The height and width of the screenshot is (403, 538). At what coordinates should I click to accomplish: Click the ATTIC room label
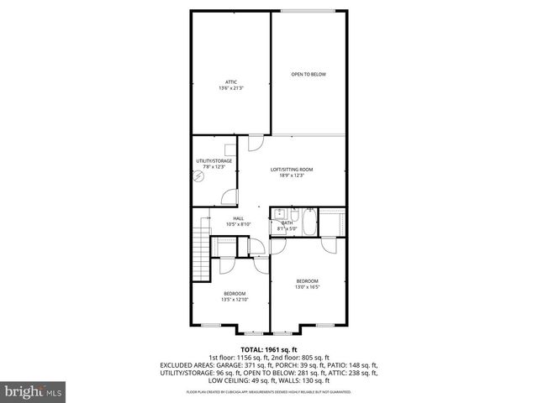click(x=230, y=81)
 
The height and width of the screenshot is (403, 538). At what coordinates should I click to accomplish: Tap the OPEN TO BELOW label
click(x=309, y=75)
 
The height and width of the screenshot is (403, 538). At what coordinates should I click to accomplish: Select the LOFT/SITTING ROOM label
click(x=292, y=169)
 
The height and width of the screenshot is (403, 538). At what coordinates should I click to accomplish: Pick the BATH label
click(x=287, y=222)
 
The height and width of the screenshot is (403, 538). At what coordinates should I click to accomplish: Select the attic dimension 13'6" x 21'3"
click(x=230, y=88)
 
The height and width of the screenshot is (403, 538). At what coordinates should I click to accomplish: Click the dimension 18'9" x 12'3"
click(x=292, y=175)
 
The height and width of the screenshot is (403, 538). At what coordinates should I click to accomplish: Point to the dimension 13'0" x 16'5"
click(x=307, y=287)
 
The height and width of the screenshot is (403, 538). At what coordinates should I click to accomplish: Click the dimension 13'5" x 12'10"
click(x=234, y=300)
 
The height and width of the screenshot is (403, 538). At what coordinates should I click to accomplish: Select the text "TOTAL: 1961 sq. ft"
click(x=269, y=349)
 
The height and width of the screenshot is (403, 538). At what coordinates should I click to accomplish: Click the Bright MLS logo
click(x=34, y=391)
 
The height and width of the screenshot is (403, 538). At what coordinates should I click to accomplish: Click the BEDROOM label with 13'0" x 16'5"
click(x=307, y=280)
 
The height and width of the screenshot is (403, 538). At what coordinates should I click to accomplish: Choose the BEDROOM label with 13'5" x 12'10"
click(x=234, y=293)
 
